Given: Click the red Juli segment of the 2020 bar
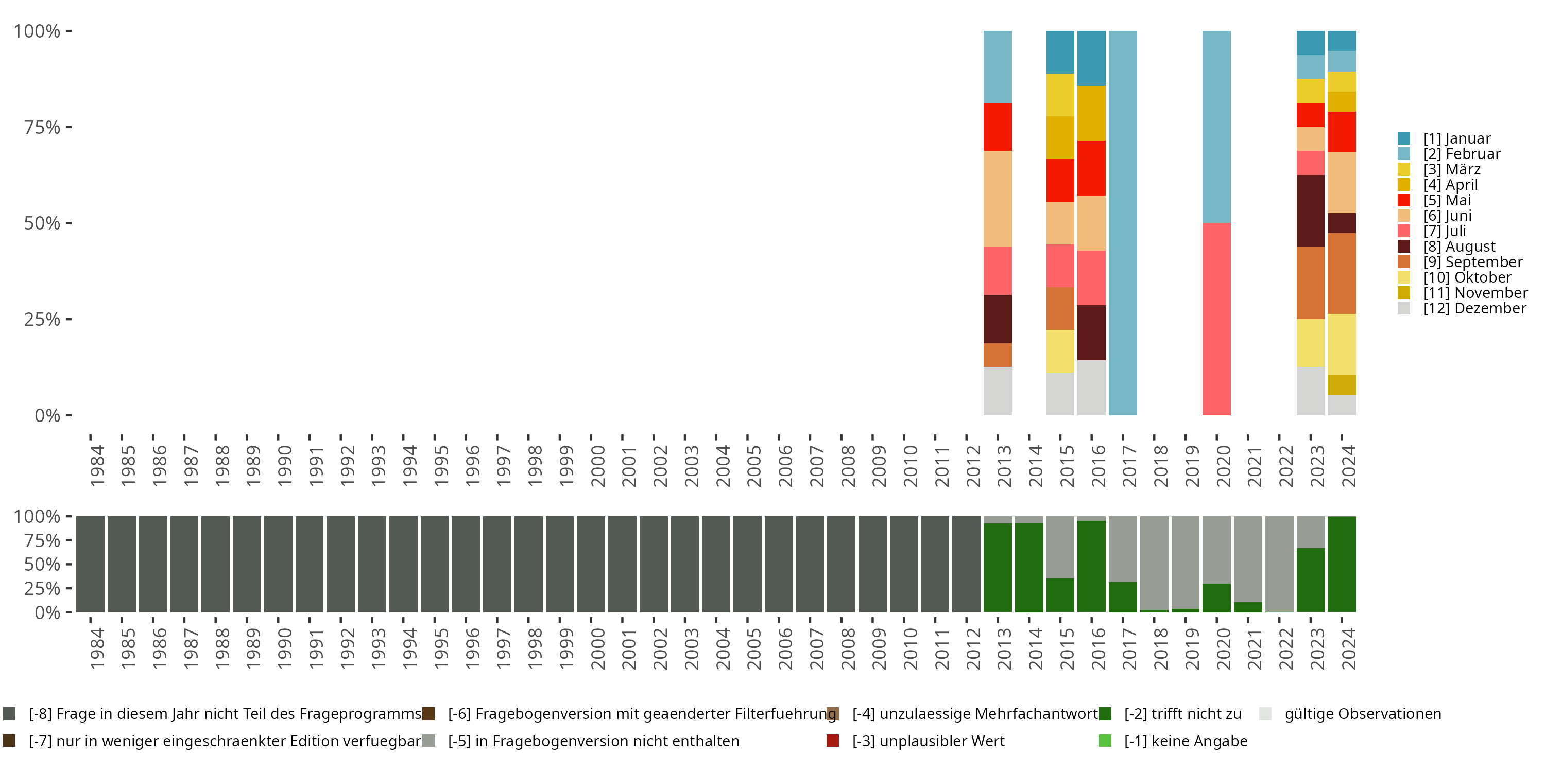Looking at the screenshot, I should tap(1216, 319).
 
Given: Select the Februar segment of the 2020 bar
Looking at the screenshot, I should tap(1216, 127).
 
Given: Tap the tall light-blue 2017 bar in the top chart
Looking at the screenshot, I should tap(1123, 222).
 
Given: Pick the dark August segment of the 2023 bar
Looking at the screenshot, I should tap(1311, 210).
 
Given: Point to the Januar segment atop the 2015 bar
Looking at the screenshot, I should tap(1060, 52).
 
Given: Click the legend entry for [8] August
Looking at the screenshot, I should tap(1459, 247).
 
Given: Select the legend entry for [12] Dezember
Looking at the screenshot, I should tap(1474, 308).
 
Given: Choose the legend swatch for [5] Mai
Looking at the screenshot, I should tap(1404, 200).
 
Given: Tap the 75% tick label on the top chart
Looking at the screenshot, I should tap(42, 127).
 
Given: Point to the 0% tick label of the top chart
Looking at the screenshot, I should tap(47, 415).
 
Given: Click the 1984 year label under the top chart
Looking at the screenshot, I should tap(97, 466).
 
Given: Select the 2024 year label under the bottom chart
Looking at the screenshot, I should tap(1348, 648).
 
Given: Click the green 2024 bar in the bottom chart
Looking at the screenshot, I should tap(1342, 564).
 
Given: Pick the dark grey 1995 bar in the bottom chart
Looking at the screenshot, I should tap(434, 564).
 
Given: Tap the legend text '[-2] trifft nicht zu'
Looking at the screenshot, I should tap(1182, 714).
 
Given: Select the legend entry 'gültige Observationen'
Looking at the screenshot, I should tap(1362, 714).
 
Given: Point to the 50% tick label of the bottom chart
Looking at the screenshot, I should tap(42, 565).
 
